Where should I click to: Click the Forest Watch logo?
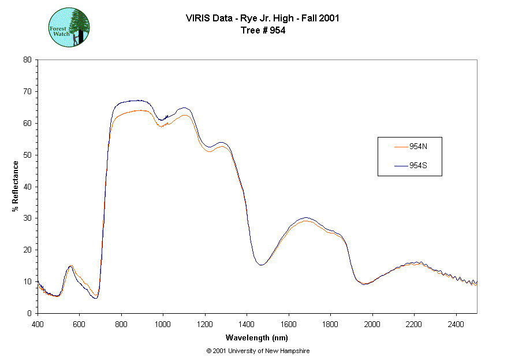click(69, 28)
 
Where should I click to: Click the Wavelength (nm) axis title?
click(257, 337)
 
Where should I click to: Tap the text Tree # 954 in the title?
click(263, 31)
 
